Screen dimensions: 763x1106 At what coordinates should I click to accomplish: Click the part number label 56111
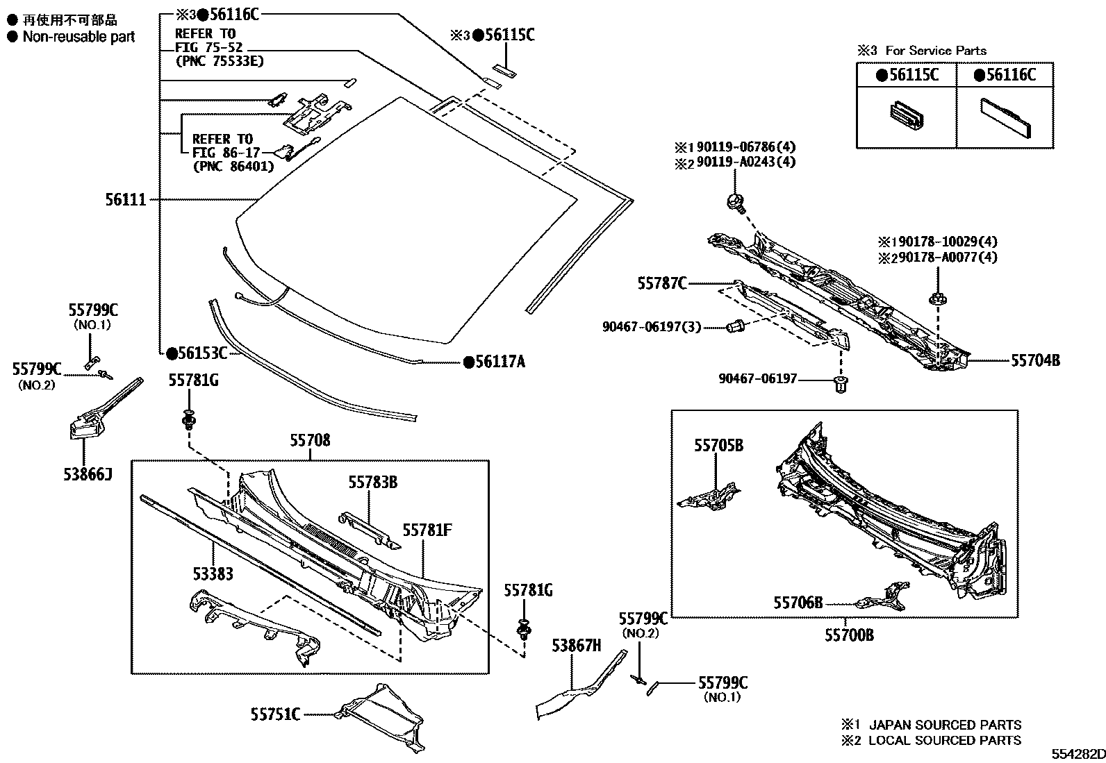[126, 200]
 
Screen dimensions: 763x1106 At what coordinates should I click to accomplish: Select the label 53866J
[87, 474]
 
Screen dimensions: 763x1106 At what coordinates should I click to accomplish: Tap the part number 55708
[310, 440]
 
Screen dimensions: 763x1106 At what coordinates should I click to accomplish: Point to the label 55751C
[276, 714]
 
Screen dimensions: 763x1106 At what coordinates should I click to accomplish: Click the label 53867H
[576, 646]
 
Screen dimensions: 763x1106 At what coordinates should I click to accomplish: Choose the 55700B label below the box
[849, 635]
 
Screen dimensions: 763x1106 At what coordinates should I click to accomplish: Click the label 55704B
[1035, 360]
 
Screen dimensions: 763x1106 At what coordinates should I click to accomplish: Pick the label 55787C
[662, 283]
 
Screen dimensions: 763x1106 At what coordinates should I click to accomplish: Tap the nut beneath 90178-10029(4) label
[936, 300]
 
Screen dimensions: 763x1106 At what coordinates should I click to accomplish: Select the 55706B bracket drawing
[884, 596]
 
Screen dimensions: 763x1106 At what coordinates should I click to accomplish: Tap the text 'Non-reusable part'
[79, 37]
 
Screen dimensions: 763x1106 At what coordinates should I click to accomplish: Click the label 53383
[213, 573]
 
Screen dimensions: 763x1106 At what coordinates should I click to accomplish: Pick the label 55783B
[372, 482]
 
